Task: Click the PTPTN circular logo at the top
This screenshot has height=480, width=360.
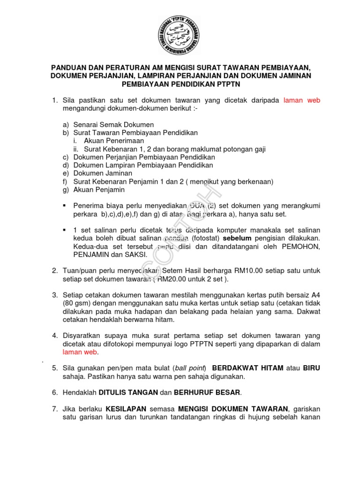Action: (x=180, y=36)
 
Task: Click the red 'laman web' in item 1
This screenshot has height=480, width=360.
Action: (x=302, y=101)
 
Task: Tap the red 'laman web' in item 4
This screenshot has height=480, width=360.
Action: (x=80, y=352)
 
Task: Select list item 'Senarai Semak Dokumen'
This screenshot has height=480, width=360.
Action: (x=113, y=125)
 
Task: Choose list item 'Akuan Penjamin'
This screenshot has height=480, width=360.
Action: (x=99, y=190)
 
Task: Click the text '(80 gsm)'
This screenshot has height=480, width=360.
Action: (x=77, y=303)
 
